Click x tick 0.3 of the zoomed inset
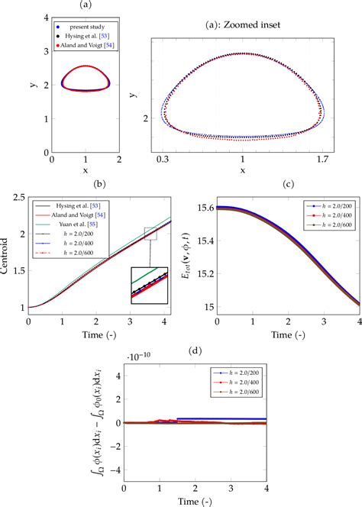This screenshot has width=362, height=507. pos(163,160)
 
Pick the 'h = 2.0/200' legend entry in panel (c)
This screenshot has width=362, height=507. pos(328,206)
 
